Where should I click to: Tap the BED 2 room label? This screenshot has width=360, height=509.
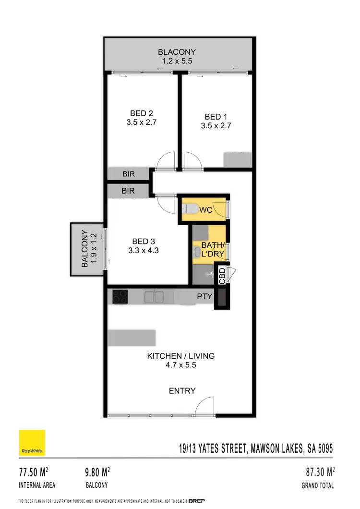click(x=141, y=113)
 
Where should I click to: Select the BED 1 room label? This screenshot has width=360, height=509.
click(x=216, y=117)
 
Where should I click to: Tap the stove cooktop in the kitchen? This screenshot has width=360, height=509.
click(x=120, y=297)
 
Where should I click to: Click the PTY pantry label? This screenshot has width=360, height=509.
click(x=204, y=297)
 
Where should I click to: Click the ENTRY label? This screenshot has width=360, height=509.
click(x=182, y=391)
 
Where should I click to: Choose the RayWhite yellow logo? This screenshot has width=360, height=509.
click(x=32, y=442)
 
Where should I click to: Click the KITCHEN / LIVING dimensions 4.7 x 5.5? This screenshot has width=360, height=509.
click(x=180, y=365)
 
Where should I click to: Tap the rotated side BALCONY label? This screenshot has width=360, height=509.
click(x=84, y=249)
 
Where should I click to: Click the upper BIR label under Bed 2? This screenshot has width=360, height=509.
click(x=128, y=174)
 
